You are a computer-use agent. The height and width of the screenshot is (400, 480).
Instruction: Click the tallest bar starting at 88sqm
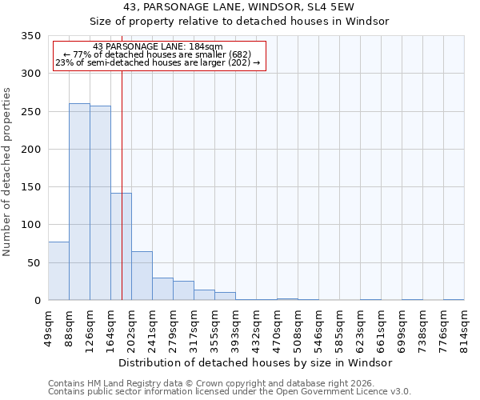[79, 202]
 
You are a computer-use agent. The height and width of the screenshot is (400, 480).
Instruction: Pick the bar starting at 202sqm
[142, 276]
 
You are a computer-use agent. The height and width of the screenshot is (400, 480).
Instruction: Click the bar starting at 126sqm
[100, 203]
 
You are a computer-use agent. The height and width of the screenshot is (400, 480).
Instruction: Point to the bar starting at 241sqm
[162, 289]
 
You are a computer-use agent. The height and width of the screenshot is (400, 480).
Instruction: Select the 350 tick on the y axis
[30, 36]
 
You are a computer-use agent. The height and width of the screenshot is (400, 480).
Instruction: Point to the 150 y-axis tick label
[30, 187]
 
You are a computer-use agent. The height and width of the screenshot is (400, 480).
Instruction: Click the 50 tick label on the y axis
[33, 263]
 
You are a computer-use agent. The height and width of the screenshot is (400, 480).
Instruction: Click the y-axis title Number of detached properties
[7, 172]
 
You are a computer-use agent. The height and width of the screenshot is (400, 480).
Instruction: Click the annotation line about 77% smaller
[157, 54]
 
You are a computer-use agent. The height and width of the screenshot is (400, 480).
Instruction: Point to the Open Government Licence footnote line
[230, 392]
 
